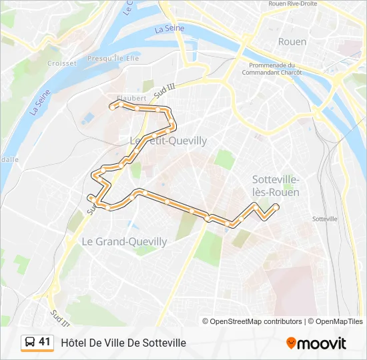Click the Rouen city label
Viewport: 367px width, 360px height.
click(x=292, y=41)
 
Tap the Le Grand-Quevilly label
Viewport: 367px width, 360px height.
click(x=124, y=241)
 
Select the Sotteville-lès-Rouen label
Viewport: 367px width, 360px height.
click(x=276, y=185)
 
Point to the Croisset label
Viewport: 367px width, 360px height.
click(x=62, y=63)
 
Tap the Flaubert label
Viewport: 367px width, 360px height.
click(x=131, y=97)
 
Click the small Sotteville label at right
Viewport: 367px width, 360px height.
click(x=325, y=219)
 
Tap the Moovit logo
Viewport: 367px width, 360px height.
click(x=316, y=343)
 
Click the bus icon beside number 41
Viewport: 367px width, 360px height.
click(x=30, y=343)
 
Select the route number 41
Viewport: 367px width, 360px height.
click(x=45, y=342)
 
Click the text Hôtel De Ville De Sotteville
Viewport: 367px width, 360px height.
click(x=123, y=343)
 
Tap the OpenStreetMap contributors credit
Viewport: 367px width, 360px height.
click(x=256, y=321)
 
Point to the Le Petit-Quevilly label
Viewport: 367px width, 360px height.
click(x=167, y=141)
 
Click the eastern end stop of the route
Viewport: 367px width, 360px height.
click(x=276, y=208)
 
